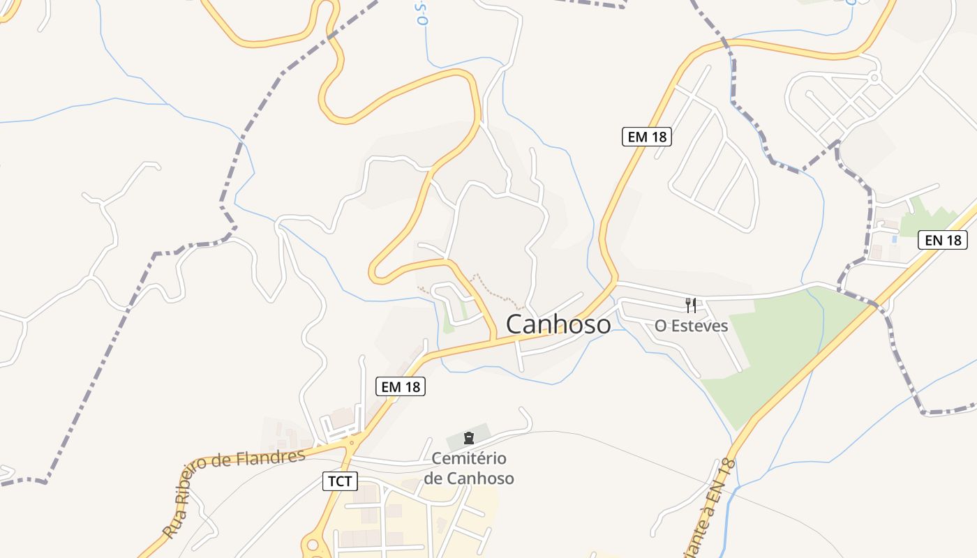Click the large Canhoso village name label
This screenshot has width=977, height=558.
pos(558,324)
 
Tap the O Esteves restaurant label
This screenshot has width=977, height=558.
pos(691,326)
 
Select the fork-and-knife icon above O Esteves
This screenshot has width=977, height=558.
pos(691,305)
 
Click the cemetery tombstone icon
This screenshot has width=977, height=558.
pos(469,438)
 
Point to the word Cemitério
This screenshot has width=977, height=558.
pos(469,458)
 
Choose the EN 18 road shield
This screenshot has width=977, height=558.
pos(943,241)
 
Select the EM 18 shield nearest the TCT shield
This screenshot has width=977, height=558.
pos(401,386)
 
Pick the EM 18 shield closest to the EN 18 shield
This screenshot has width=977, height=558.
pos(647,137)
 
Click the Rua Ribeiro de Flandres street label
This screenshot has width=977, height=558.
pos(234,492)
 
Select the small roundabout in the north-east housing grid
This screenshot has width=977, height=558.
pos(874,78)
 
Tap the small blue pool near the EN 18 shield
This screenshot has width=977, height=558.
pos(894,239)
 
